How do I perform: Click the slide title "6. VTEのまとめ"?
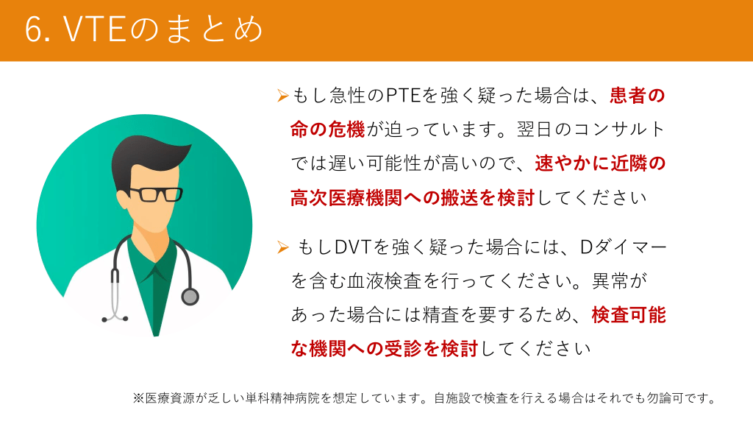tap(144, 29)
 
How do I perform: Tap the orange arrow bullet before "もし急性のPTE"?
tap(282, 96)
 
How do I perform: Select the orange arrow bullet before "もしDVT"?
tap(282, 247)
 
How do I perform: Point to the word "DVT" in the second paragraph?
tap(353, 247)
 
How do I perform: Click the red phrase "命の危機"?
tap(327, 130)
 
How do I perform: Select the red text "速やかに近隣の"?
tap(600, 163)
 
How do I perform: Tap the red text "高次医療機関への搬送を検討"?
tap(413, 197)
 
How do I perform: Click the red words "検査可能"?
tap(629, 315)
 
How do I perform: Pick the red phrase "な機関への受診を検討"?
tap(385, 349)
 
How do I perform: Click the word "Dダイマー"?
tap(624, 247)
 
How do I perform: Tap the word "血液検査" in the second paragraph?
tap(384, 281)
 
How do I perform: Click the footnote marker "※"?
tap(138, 398)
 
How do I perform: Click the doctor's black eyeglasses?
tap(153, 194)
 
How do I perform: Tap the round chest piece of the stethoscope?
tap(190, 297)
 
